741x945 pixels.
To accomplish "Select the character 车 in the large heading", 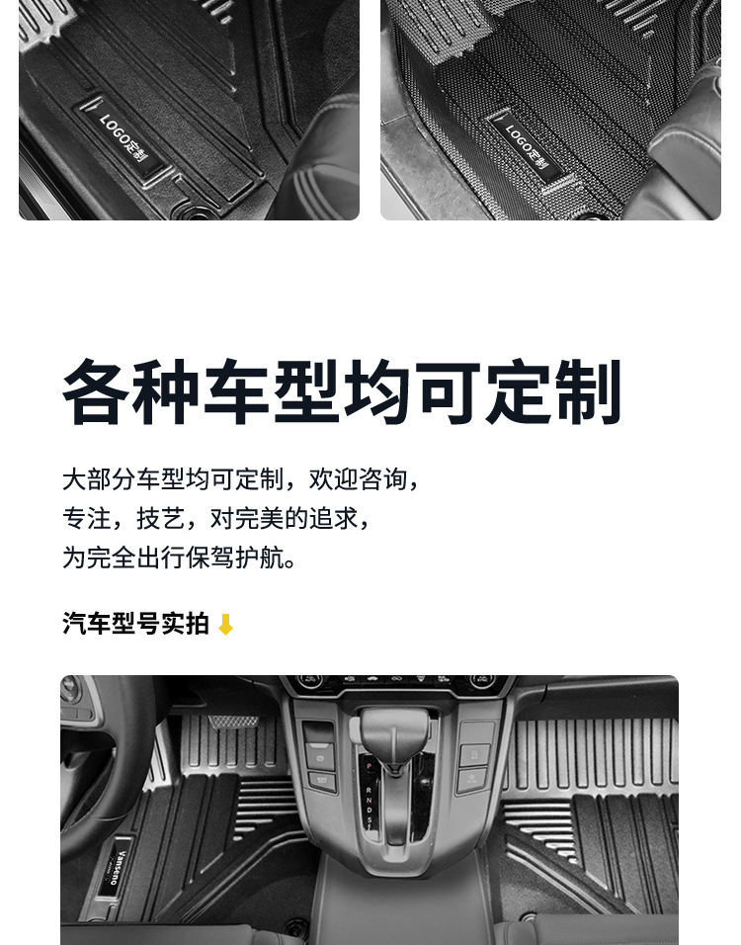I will click(239, 393).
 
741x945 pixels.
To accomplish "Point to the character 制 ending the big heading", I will click(589, 393).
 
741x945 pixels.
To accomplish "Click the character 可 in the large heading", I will click(450, 393).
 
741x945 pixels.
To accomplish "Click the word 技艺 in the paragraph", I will click(160, 519).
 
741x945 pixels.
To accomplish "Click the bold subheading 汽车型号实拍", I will click(135, 624).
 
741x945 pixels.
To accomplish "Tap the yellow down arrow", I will click(225, 625).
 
